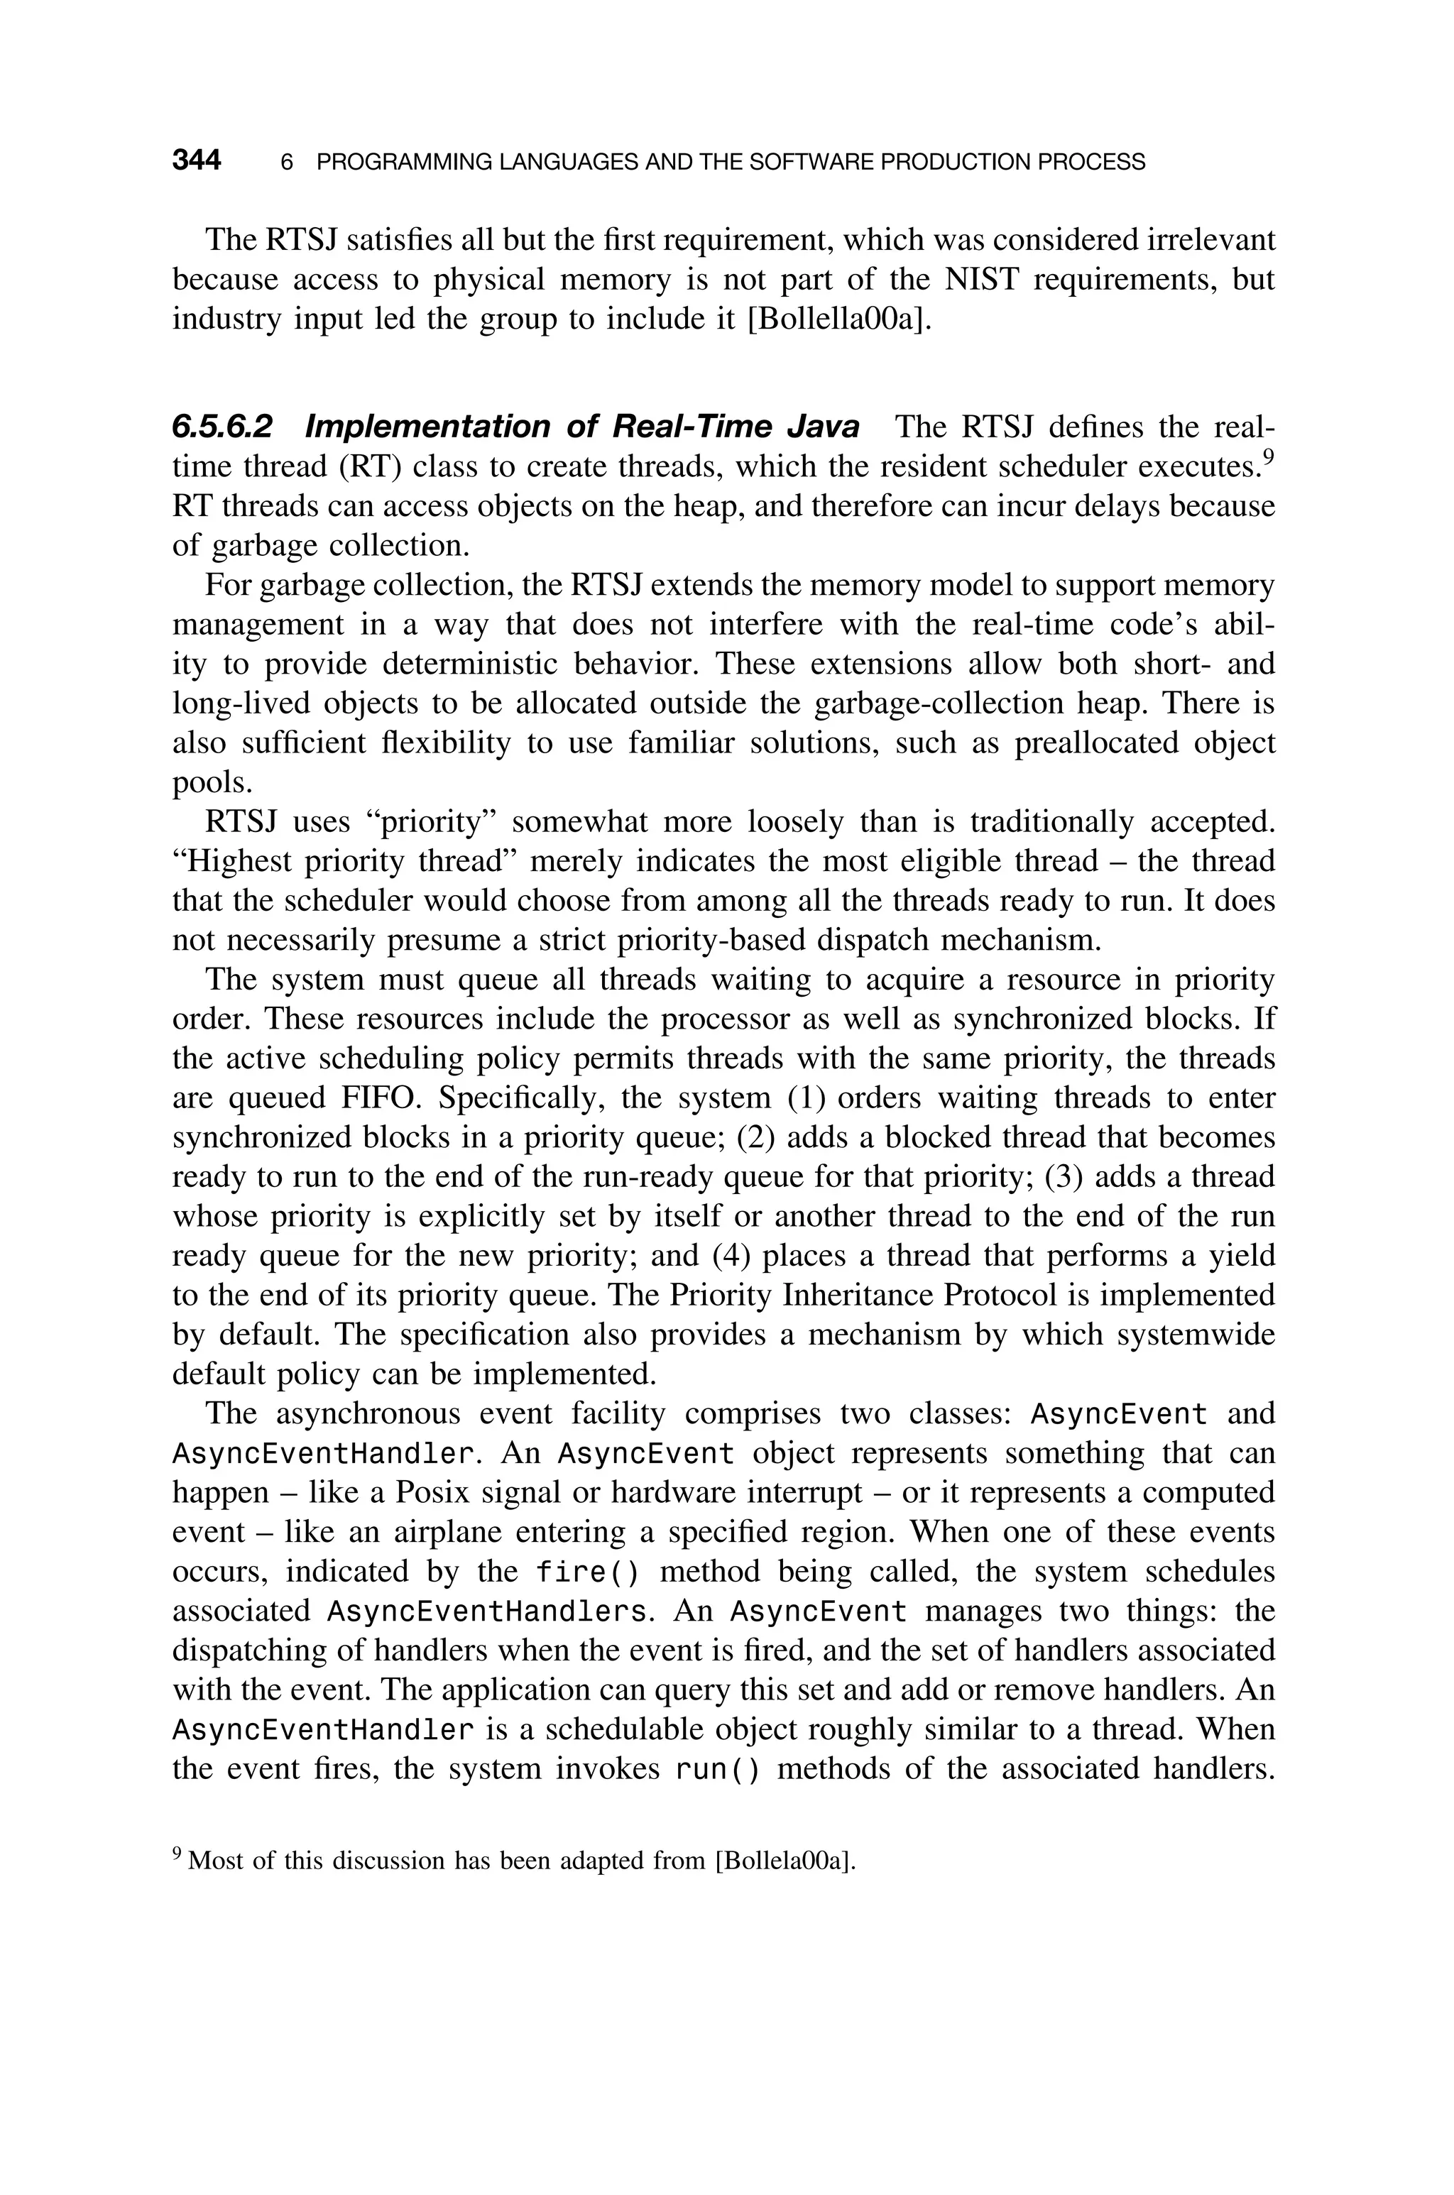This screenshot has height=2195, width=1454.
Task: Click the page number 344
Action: click(197, 160)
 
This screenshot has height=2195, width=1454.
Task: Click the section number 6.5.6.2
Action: click(222, 427)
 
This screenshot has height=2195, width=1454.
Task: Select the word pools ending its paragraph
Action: click(212, 783)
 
